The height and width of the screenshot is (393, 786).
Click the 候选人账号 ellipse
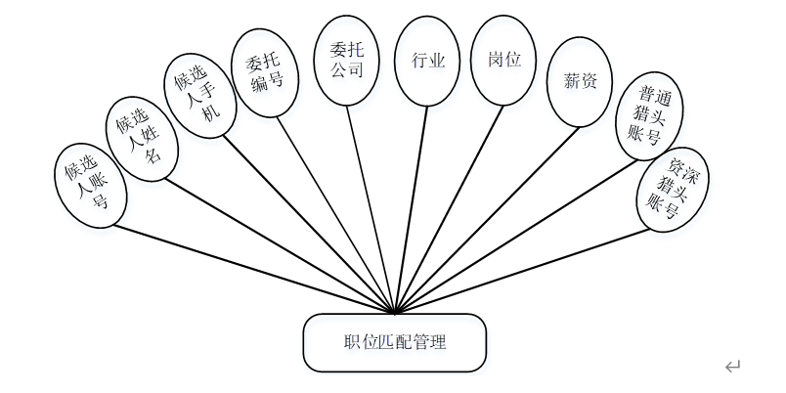(x=87, y=183)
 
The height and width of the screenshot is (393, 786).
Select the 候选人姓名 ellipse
(x=141, y=138)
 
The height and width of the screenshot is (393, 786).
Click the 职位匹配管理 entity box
(x=395, y=342)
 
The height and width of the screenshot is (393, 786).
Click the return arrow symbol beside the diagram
(x=732, y=367)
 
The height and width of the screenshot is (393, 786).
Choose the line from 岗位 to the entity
(x=445, y=205)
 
